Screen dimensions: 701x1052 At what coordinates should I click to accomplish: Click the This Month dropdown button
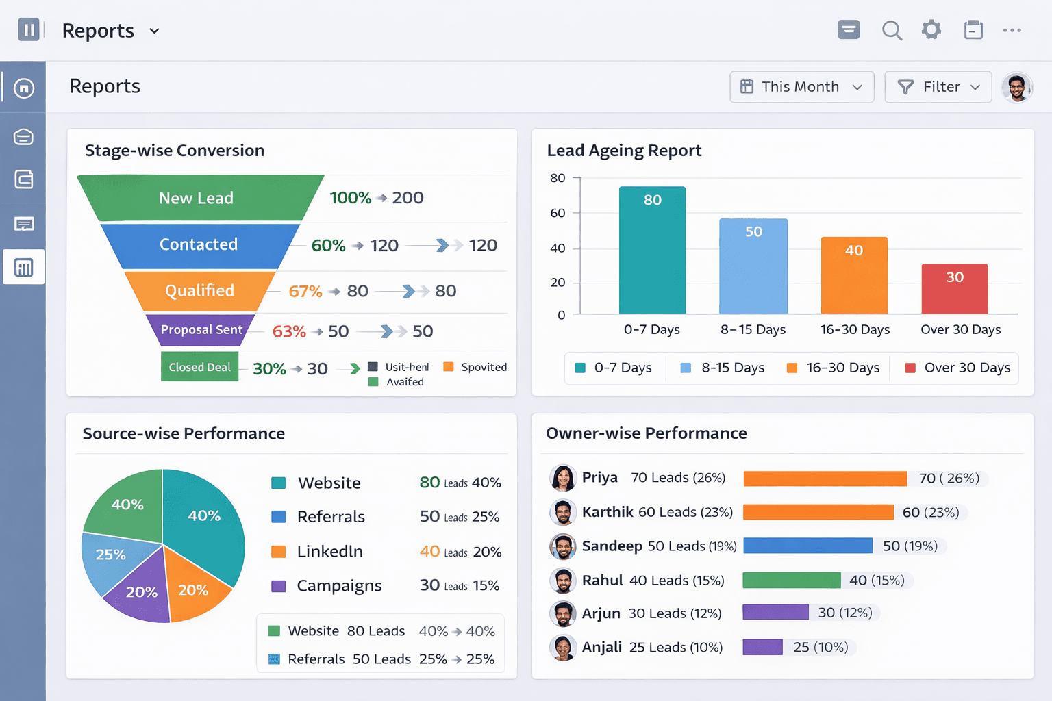801,87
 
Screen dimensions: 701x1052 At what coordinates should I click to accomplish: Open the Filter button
938,87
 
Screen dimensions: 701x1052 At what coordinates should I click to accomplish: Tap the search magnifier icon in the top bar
892,30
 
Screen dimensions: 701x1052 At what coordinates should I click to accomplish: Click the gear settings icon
931,30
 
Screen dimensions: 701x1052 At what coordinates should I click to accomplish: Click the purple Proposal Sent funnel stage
201,330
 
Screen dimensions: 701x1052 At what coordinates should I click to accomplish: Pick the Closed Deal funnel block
199,367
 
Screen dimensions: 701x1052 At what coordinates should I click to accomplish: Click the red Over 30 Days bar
955,289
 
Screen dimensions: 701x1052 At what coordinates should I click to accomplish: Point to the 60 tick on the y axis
558,213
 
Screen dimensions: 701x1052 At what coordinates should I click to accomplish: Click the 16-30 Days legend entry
834,368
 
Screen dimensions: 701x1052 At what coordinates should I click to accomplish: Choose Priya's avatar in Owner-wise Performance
563,478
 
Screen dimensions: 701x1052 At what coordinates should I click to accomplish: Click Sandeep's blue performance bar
807,546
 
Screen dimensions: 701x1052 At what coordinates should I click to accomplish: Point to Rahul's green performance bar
791,580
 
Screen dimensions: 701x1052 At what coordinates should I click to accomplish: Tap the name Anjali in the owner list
602,647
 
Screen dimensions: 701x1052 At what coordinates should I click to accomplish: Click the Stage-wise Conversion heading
175,151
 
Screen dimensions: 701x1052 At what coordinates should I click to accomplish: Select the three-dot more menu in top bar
1012,30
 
